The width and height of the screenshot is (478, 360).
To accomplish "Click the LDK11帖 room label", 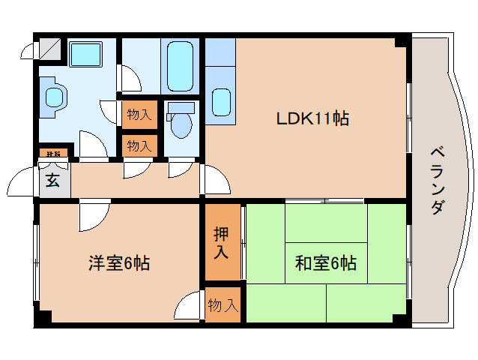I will [312, 118].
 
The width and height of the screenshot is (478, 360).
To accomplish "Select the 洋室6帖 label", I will [119, 263].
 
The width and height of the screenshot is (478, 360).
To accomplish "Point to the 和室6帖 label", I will [325, 263].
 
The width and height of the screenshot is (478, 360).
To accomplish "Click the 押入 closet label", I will [221, 241].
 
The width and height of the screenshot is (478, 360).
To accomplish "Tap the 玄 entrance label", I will [53, 180].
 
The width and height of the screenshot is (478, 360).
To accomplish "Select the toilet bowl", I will [181, 124].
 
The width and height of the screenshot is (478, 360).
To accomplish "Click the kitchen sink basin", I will [220, 102].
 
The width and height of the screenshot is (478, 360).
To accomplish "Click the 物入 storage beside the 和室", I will [223, 305].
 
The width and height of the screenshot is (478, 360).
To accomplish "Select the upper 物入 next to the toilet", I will [139, 115].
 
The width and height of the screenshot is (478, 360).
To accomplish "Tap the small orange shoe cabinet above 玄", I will [53, 154].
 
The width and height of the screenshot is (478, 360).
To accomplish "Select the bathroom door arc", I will [130, 77].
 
